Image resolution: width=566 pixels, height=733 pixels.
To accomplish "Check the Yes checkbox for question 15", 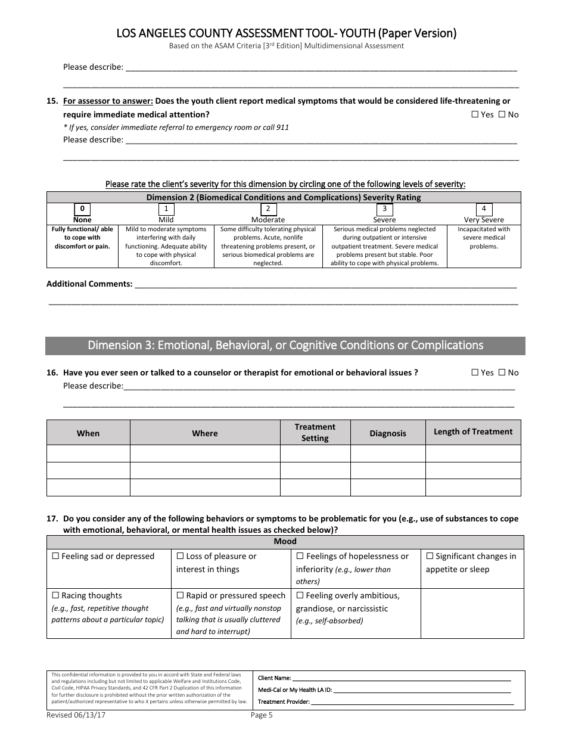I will click(475, 114).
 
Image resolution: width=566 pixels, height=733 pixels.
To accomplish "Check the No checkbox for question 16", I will click(502, 372).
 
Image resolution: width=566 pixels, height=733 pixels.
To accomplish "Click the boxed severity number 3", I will click(384, 209).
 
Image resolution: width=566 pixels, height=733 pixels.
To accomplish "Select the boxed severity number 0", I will click(82, 209).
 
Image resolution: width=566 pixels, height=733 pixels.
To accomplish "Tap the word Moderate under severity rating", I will click(268, 220).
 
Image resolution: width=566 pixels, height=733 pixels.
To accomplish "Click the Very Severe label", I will click(484, 220).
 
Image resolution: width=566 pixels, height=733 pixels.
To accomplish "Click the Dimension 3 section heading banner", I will click(285, 346).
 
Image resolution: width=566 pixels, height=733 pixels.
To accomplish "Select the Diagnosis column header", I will click(387, 433).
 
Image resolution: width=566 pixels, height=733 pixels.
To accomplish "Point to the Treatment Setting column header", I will click(315, 433).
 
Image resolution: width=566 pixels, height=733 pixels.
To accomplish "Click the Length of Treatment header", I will click(473, 432).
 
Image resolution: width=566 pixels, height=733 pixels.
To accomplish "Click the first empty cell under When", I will click(88, 454).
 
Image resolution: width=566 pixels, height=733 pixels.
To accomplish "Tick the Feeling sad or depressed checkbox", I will click(55, 556).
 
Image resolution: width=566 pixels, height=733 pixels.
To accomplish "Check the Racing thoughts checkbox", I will click(55, 595).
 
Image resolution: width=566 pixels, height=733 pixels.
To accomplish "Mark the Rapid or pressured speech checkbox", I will click(181, 595).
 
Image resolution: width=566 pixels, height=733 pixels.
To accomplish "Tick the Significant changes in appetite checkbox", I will click(430, 556).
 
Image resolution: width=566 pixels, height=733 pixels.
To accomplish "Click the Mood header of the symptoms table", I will click(285, 542).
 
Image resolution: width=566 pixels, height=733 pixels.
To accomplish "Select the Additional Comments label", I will click(89, 284).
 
